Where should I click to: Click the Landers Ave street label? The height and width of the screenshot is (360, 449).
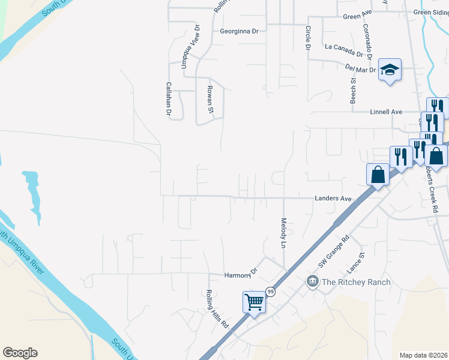pos(333,199)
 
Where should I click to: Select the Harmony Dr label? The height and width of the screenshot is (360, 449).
pos(240,275)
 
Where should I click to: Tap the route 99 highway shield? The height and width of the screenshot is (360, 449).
pos(271,292)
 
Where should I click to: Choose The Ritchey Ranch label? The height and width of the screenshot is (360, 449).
pos(356,282)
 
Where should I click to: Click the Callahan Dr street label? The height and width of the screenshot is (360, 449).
pos(169,98)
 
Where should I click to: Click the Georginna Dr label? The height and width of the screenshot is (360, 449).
pos(239,31)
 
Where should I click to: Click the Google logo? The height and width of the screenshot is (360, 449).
pos(19,353)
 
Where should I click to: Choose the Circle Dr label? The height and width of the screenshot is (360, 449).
pos(307,37)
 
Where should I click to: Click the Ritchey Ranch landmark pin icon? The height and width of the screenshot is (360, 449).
pos(312,281)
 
